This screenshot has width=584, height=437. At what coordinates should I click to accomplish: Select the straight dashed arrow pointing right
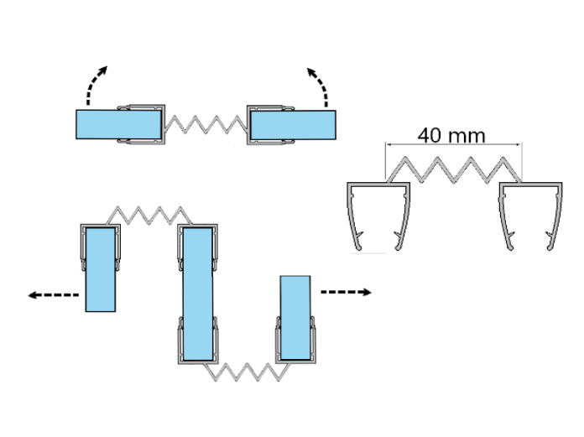346,292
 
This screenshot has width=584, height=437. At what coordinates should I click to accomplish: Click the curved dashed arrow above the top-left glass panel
95,86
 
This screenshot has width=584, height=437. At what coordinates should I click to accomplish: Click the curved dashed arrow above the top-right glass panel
318,86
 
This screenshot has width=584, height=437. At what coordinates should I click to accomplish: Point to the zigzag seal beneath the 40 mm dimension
454,169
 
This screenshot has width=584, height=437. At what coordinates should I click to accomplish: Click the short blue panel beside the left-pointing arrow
99,268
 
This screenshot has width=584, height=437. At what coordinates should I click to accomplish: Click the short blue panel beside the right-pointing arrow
295,316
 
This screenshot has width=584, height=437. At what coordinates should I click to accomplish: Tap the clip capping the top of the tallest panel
198,231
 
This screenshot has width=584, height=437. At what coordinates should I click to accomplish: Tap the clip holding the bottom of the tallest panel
198,352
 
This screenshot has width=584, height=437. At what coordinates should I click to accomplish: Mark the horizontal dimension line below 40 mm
454,145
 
